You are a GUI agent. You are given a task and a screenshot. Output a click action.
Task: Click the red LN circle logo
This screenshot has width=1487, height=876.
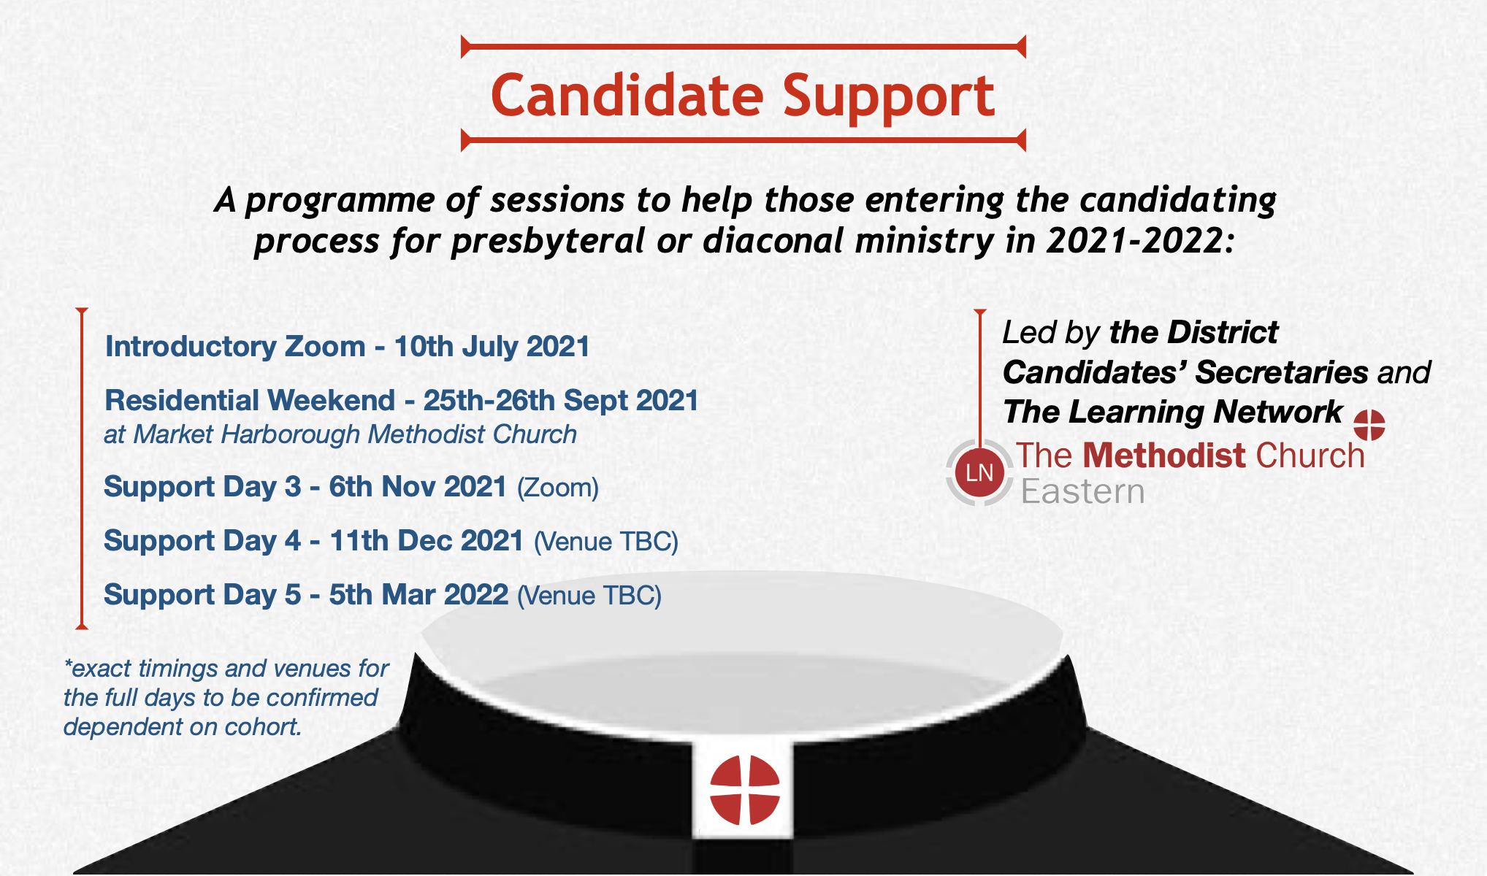click(x=979, y=472)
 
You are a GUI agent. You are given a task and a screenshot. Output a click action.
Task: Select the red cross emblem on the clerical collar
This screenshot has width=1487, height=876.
click(x=745, y=790)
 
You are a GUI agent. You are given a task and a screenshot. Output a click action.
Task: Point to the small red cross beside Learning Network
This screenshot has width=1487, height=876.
click(x=1369, y=425)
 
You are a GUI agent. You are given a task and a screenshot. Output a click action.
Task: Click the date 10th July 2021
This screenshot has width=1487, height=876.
click(x=492, y=346)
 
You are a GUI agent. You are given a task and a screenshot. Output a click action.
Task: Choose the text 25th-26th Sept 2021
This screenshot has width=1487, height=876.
click(x=561, y=400)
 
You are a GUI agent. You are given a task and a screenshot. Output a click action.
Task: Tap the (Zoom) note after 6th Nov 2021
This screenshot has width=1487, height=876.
click(x=558, y=488)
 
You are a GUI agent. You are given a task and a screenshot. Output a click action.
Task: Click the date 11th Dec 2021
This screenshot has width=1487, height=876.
click(x=427, y=541)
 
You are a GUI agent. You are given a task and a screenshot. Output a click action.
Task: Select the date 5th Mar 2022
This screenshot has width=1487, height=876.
click(x=418, y=595)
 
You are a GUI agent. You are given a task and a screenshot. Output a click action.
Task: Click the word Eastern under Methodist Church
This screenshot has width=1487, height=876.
click(x=1082, y=491)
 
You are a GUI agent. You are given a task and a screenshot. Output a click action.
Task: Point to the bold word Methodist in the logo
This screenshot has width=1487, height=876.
click(x=1164, y=456)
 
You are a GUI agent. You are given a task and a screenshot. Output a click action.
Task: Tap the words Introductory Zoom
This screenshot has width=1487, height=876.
click(x=235, y=346)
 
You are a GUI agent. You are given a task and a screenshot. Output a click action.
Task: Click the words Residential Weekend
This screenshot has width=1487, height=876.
click(x=250, y=400)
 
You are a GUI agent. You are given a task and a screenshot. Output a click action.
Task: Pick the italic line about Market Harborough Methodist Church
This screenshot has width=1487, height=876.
click(x=340, y=434)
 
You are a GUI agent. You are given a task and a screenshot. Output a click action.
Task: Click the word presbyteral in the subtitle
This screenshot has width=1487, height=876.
click(x=548, y=242)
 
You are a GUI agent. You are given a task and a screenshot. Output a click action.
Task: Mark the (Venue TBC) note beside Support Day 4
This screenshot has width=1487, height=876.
click(x=606, y=542)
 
